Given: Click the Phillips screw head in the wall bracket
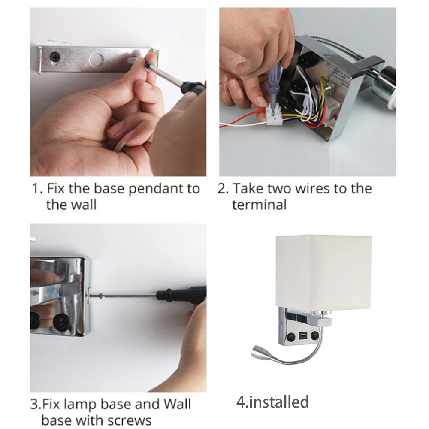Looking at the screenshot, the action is tap(56, 57).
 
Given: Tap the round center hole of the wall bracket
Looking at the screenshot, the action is tap(97, 59).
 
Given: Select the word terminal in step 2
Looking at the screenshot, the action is tap(259, 205).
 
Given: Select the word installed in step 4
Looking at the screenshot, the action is tap(279, 402).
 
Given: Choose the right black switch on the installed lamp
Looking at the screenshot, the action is tap(314, 335).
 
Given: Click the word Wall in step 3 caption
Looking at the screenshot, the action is tap(177, 404).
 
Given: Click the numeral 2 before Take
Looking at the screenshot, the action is tap(221, 189).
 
